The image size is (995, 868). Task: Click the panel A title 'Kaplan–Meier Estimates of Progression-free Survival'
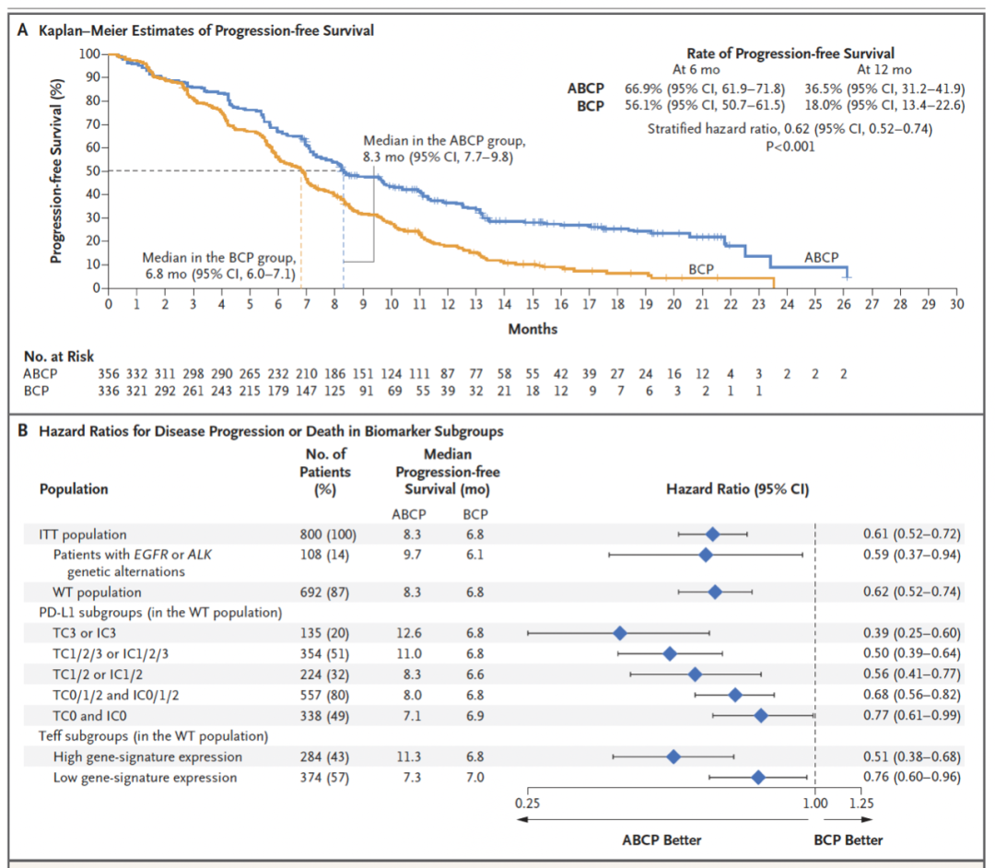coord(205,30)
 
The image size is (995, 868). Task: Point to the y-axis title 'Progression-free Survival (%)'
coord(57,171)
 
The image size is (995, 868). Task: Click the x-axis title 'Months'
coord(533,329)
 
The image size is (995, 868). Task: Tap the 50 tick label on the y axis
coord(91,170)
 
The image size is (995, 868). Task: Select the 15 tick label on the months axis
coord(533,304)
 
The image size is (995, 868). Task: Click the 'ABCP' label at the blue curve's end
coord(821,258)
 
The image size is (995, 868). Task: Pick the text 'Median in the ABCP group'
coord(443,141)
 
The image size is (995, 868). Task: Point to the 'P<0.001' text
coord(790,145)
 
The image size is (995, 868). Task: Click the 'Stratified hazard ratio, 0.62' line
coord(790,129)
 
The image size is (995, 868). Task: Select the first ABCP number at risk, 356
coord(109,373)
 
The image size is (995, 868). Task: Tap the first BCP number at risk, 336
coord(109,391)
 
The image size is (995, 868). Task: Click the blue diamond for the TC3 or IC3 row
coord(620,633)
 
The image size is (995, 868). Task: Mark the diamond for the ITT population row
coord(712,534)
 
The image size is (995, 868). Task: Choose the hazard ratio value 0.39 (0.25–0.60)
coord(911,633)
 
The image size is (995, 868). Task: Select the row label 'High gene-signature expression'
coord(147,757)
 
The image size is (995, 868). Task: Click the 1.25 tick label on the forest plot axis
coord(861,803)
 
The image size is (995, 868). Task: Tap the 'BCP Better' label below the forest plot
coord(848,839)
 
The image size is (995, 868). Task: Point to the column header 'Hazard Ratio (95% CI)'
coord(737,489)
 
